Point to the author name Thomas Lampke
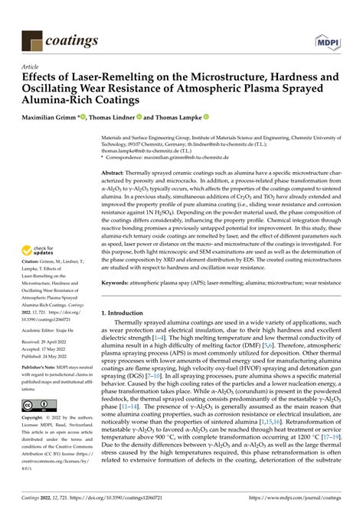183,118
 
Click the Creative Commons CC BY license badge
37,403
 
